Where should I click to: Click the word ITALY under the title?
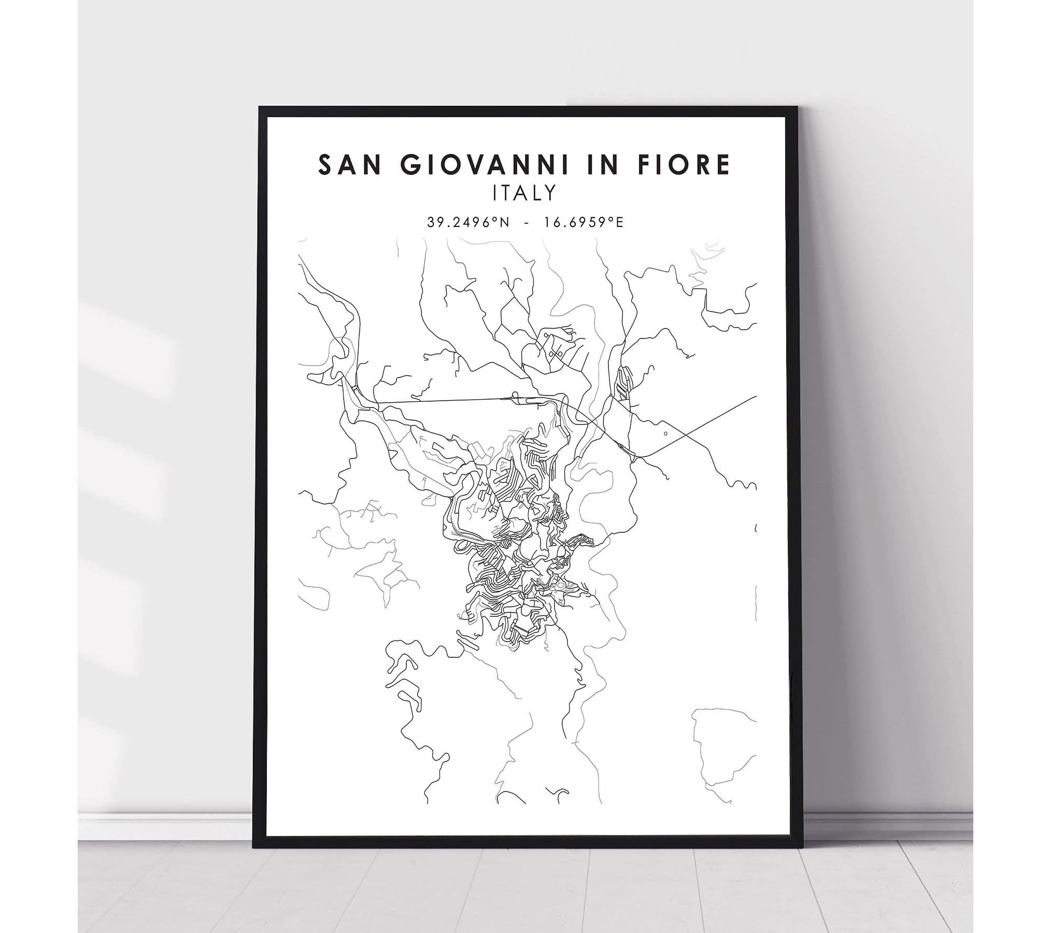tap(525, 193)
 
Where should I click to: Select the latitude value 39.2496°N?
tap(468, 222)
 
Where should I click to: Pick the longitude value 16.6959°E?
tap(583, 222)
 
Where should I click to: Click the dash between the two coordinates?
tap(527, 223)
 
